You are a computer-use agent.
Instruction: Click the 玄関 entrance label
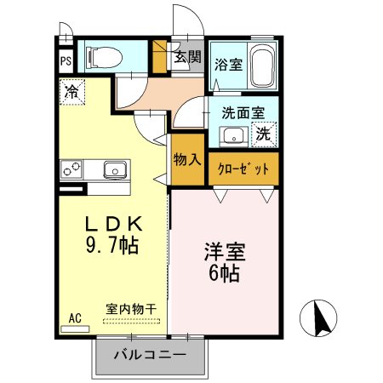click(x=188, y=58)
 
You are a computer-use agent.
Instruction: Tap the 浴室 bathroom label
click(x=227, y=63)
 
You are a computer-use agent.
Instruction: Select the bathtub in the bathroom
click(x=261, y=65)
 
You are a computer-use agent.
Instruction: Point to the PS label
click(x=66, y=61)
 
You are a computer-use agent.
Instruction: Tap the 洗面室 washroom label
click(x=243, y=111)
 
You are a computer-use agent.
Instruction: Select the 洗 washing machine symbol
click(x=265, y=134)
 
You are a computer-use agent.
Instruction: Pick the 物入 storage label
click(x=186, y=159)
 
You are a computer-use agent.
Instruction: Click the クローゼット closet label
click(x=243, y=169)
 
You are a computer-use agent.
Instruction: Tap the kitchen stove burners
click(x=71, y=169)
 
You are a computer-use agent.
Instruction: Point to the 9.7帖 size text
click(x=111, y=245)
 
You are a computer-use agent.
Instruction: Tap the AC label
click(x=75, y=317)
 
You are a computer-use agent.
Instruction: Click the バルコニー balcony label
click(x=150, y=354)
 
